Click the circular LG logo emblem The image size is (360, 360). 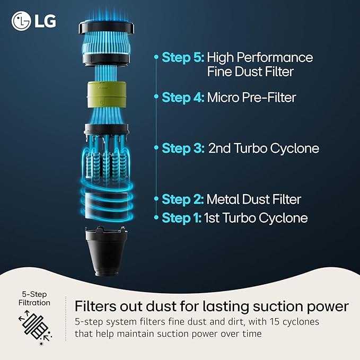point(21,21)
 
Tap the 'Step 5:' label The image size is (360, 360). point(183,57)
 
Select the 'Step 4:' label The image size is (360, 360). point(183,98)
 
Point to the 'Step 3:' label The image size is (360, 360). point(183,148)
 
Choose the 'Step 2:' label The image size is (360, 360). point(182,199)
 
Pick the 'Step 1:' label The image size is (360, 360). point(182,218)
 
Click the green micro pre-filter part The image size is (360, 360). point(107,94)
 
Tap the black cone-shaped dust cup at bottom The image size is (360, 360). point(106,251)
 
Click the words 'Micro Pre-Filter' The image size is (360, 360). point(251,98)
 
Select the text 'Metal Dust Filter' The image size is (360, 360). point(254,199)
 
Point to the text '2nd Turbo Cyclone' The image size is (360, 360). point(264,148)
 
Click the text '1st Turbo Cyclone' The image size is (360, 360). point(256,218)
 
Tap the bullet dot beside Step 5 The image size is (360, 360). point(156,57)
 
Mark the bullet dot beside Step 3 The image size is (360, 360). point(156,147)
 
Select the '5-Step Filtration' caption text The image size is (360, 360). point(34,298)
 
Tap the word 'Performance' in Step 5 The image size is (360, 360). point(275,57)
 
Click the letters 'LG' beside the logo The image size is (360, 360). point(45,21)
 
